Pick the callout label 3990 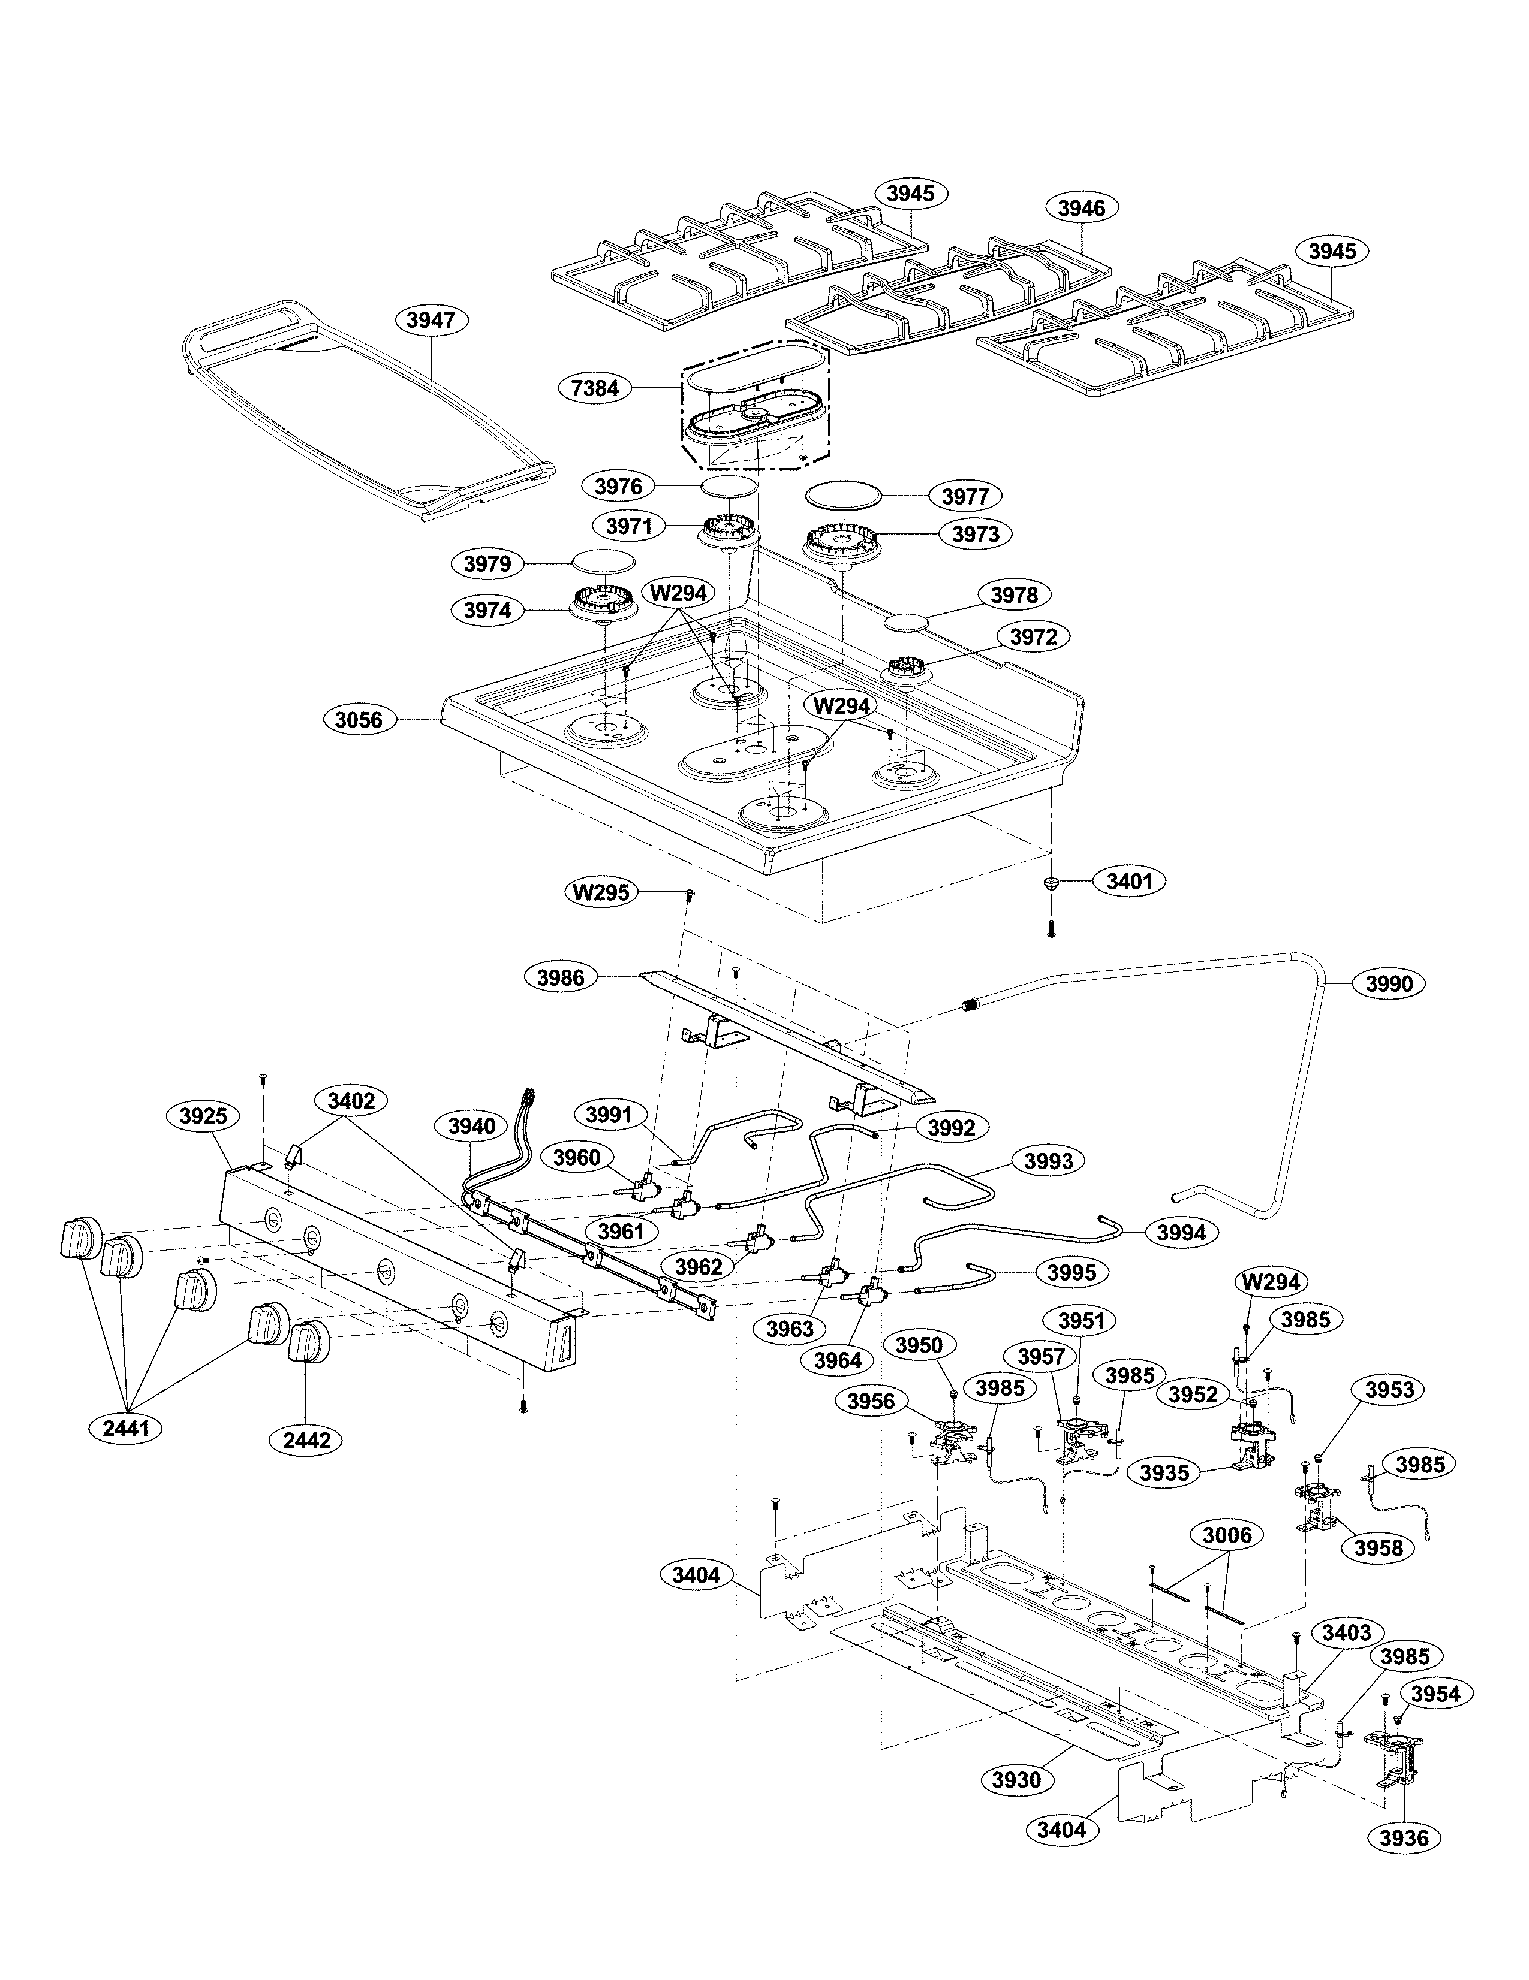(x=1389, y=983)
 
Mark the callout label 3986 (x=561, y=977)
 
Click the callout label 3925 (x=203, y=1116)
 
